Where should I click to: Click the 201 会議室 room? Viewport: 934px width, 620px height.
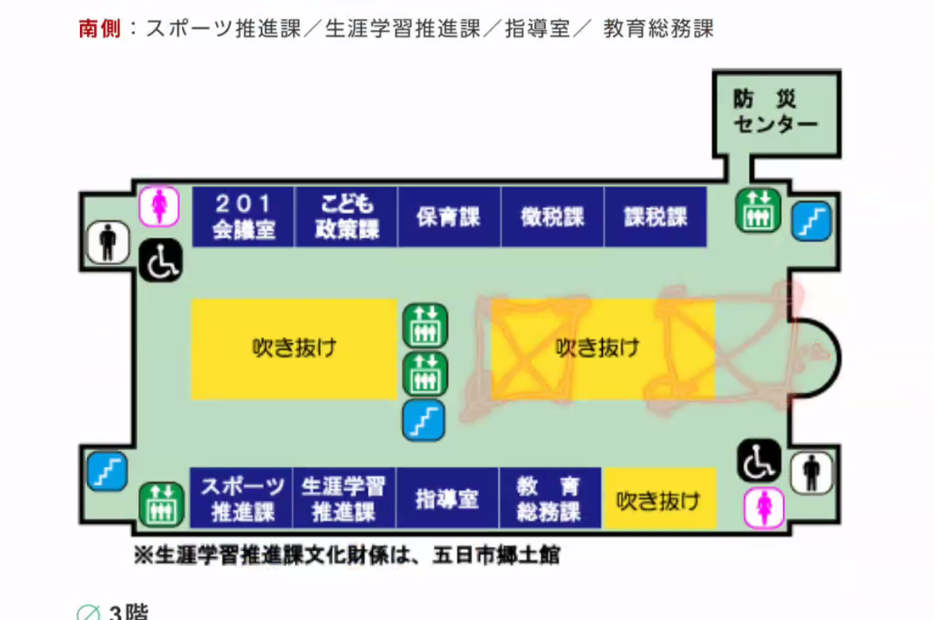point(243,216)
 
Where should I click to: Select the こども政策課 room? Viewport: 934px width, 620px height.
point(346,216)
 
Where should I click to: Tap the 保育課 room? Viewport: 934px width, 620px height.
point(449,216)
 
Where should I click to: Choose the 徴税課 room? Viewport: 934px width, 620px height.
point(552,216)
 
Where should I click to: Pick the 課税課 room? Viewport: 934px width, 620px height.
point(656,216)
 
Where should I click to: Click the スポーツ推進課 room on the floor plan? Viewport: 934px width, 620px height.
point(242,498)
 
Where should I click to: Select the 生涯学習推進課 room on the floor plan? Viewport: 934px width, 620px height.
point(344,498)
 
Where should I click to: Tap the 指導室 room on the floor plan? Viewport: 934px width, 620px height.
point(447,498)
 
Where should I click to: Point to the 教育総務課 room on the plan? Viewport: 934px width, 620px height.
point(550,498)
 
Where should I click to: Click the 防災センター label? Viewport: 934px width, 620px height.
point(775,111)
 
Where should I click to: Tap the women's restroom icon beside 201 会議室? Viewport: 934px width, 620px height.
point(159,206)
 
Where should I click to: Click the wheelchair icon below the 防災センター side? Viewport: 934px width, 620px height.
point(759,460)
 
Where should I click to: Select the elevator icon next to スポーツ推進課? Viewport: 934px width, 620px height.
point(162,504)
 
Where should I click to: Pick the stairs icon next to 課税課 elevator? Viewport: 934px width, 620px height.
point(811,221)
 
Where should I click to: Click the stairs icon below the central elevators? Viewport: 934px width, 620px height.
point(424,420)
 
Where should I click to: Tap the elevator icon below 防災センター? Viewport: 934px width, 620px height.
point(758,210)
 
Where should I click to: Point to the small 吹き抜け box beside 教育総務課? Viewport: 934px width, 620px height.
point(660,498)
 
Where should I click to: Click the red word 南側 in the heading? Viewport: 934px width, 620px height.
point(100,28)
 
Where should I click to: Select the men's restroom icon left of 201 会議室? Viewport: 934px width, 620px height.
point(108,242)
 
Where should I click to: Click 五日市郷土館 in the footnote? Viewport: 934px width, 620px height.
point(496,555)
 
